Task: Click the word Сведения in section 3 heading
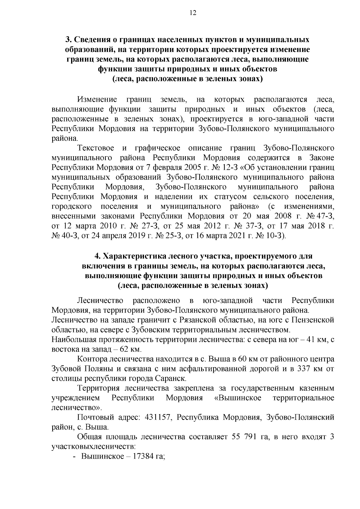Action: pos(93,40)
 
